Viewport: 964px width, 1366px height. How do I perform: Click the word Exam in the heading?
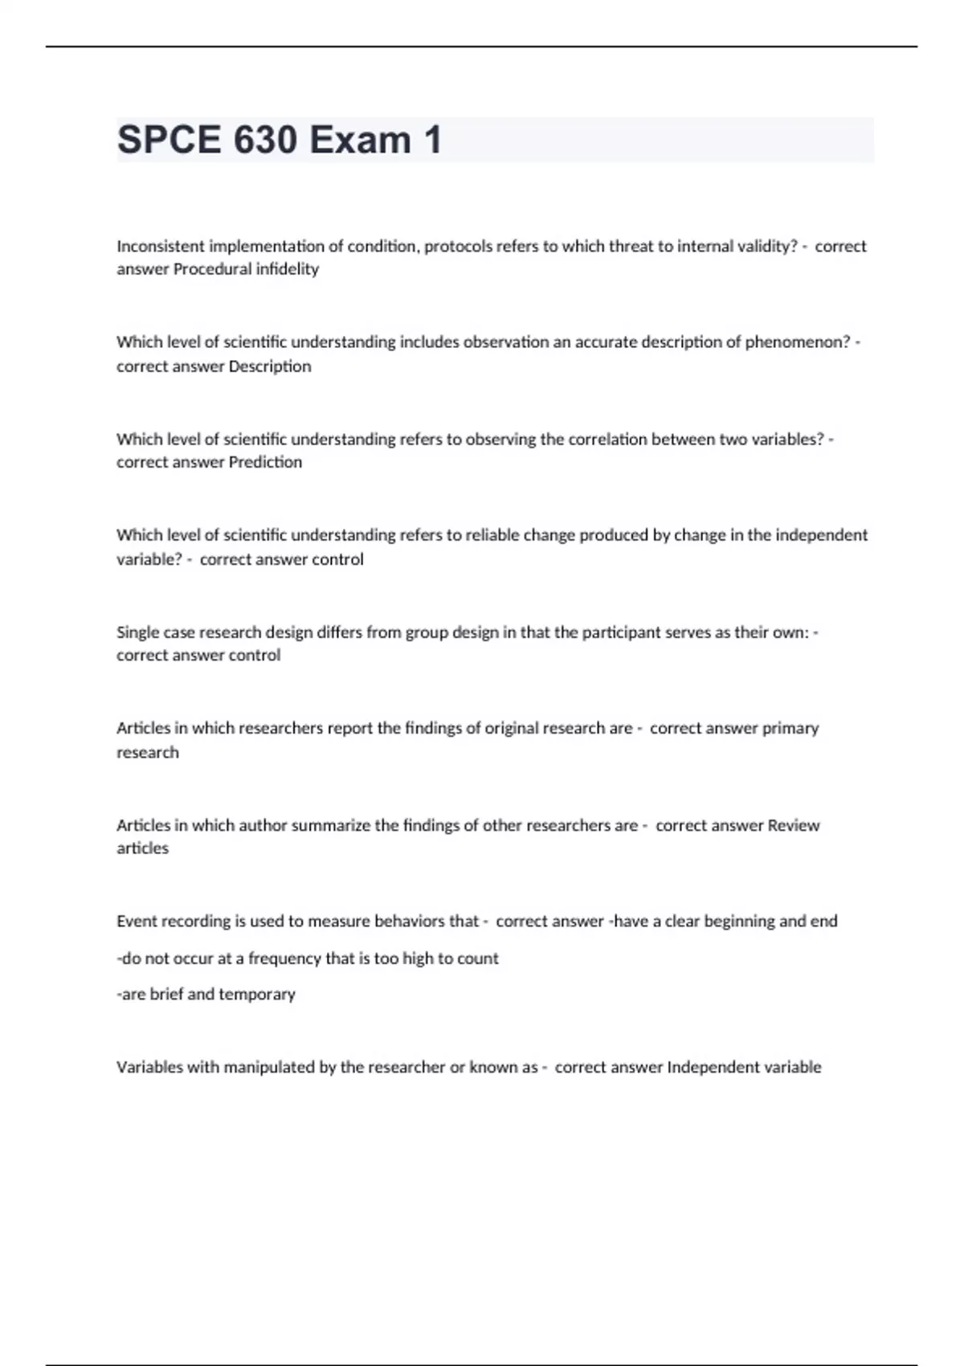pyautogui.click(x=361, y=140)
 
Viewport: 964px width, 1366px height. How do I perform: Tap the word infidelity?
pyautogui.click(x=287, y=269)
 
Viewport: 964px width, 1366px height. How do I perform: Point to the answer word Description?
pyautogui.click(x=270, y=366)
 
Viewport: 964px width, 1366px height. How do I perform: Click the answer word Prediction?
pyautogui.click(x=265, y=462)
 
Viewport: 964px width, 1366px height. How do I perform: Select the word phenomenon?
pyautogui.click(x=797, y=342)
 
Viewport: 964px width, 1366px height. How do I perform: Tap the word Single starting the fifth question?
pyautogui.click(x=137, y=632)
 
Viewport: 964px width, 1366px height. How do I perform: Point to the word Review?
pyautogui.click(x=794, y=825)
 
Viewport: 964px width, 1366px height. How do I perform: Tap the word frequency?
pyautogui.click(x=284, y=959)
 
